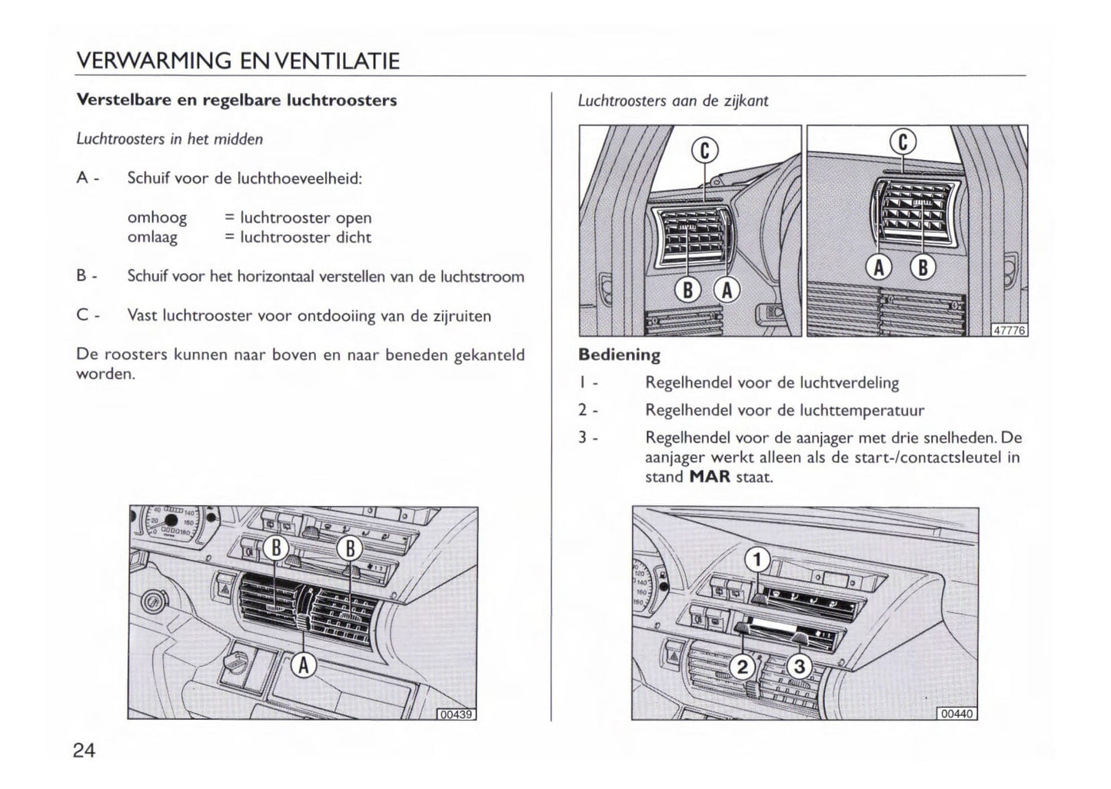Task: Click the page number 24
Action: pos(85,751)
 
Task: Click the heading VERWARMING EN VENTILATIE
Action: pos(238,61)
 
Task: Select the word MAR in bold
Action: pos(710,477)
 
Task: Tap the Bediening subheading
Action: pos(619,355)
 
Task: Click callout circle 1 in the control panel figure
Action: pos(757,560)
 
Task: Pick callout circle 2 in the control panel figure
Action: pos(742,667)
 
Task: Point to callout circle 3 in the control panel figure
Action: pos(799,667)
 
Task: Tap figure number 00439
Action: pos(457,714)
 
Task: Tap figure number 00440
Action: pos(957,714)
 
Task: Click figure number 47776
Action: pos(1009,330)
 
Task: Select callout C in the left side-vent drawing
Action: pos(704,151)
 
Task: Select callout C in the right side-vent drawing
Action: pos(903,142)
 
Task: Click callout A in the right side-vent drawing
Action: pos(879,267)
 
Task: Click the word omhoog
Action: pos(157,218)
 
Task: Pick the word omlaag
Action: pos(152,238)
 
